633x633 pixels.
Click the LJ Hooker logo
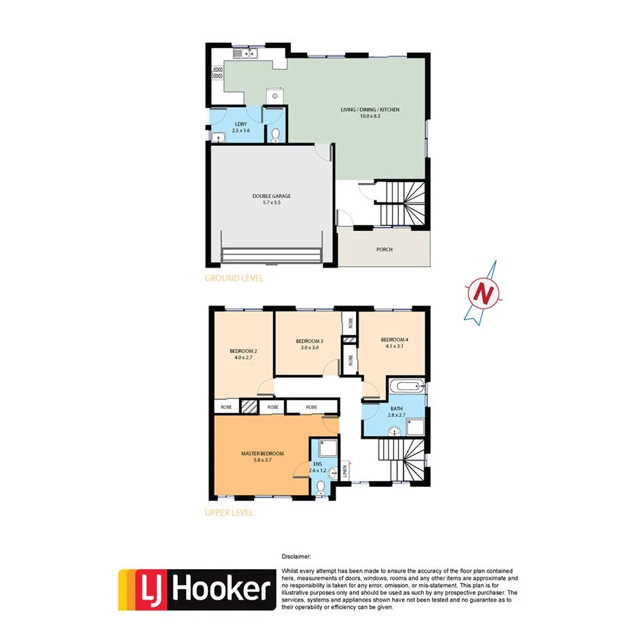(196, 590)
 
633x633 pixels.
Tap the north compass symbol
(484, 292)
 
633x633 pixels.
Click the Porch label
(384, 249)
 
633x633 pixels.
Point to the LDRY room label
(240, 124)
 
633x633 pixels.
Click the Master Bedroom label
(262, 453)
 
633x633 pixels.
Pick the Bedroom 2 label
(243, 350)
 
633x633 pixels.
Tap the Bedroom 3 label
(309, 341)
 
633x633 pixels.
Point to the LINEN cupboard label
(345, 469)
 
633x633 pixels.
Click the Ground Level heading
(234, 278)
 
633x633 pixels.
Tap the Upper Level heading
(229, 513)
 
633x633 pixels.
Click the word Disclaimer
(296, 556)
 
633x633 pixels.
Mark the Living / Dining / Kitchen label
(369, 109)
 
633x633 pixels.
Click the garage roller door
(271, 255)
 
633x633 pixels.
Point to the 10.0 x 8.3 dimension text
(369, 117)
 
